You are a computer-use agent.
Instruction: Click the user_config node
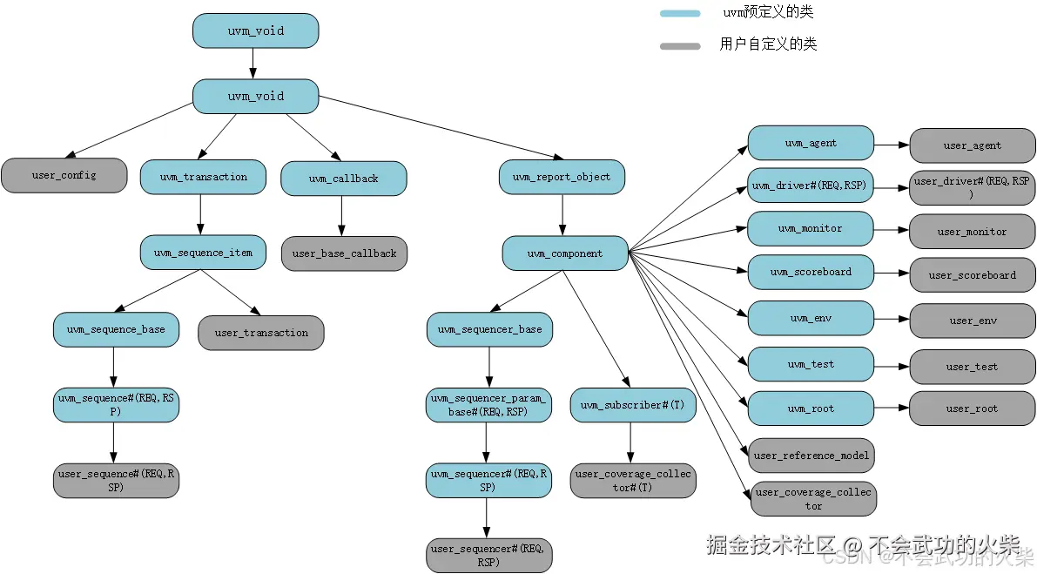click(x=64, y=175)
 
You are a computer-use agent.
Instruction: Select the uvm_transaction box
click(x=203, y=177)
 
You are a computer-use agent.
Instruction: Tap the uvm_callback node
click(x=344, y=179)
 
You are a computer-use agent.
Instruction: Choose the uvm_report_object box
click(x=562, y=177)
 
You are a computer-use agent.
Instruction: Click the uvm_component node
click(x=565, y=253)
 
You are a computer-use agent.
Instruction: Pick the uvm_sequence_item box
click(x=203, y=253)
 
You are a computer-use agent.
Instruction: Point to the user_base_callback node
click(x=344, y=253)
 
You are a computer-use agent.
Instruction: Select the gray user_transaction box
click(x=261, y=333)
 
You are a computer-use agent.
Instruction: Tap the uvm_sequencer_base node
click(x=489, y=329)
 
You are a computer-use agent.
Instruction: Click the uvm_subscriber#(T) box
click(x=633, y=405)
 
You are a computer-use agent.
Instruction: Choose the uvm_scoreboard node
click(x=811, y=272)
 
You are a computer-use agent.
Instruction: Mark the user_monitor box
click(x=973, y=232)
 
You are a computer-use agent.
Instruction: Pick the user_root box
click(x=973, y=408)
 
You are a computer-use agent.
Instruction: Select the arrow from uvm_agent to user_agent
click(x=892, y=145)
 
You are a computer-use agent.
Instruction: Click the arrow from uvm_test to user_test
click(x=892, y=366)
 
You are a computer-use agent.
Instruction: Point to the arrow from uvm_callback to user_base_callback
click(x=342, y=216)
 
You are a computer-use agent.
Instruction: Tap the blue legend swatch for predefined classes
click(x=680, y=13)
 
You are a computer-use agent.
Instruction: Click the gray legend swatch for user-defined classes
click(x=680, y=46)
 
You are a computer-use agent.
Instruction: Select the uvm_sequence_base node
click(x=116, y=329)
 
